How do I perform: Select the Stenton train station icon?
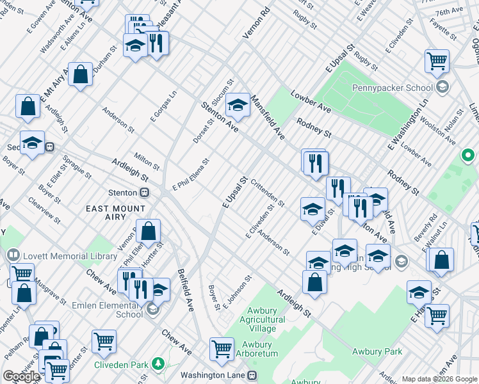pos(145,192)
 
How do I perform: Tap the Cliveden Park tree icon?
pos(157,364)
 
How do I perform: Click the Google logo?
pos(21,376)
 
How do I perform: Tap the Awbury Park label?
pos(377,351)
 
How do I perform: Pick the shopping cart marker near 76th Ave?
pos(437,61)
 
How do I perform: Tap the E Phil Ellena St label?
pos(191,175)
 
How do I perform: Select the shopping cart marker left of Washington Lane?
pos(222,349)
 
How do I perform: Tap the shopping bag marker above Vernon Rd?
pos(149,232)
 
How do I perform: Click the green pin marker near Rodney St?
pos(468,156)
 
